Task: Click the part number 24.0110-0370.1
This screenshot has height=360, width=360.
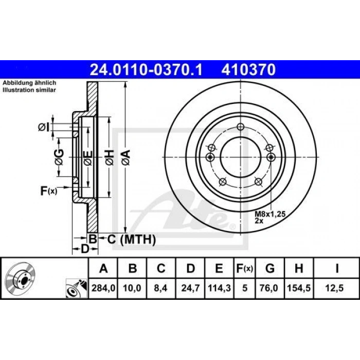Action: tap(146, 70)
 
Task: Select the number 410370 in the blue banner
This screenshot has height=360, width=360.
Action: tap(248, 70)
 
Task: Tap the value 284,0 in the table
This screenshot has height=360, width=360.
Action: tap(103, 288)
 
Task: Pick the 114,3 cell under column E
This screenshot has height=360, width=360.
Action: tap(219, 288)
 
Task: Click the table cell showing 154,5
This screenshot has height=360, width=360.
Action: tap(299, 288)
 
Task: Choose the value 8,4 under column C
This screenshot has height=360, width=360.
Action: tap(160, 288)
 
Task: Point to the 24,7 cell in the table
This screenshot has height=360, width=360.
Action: tap(190, 288)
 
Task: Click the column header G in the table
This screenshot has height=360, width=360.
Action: tap(270, 268)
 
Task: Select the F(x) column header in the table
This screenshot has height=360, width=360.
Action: tap(245, 268)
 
